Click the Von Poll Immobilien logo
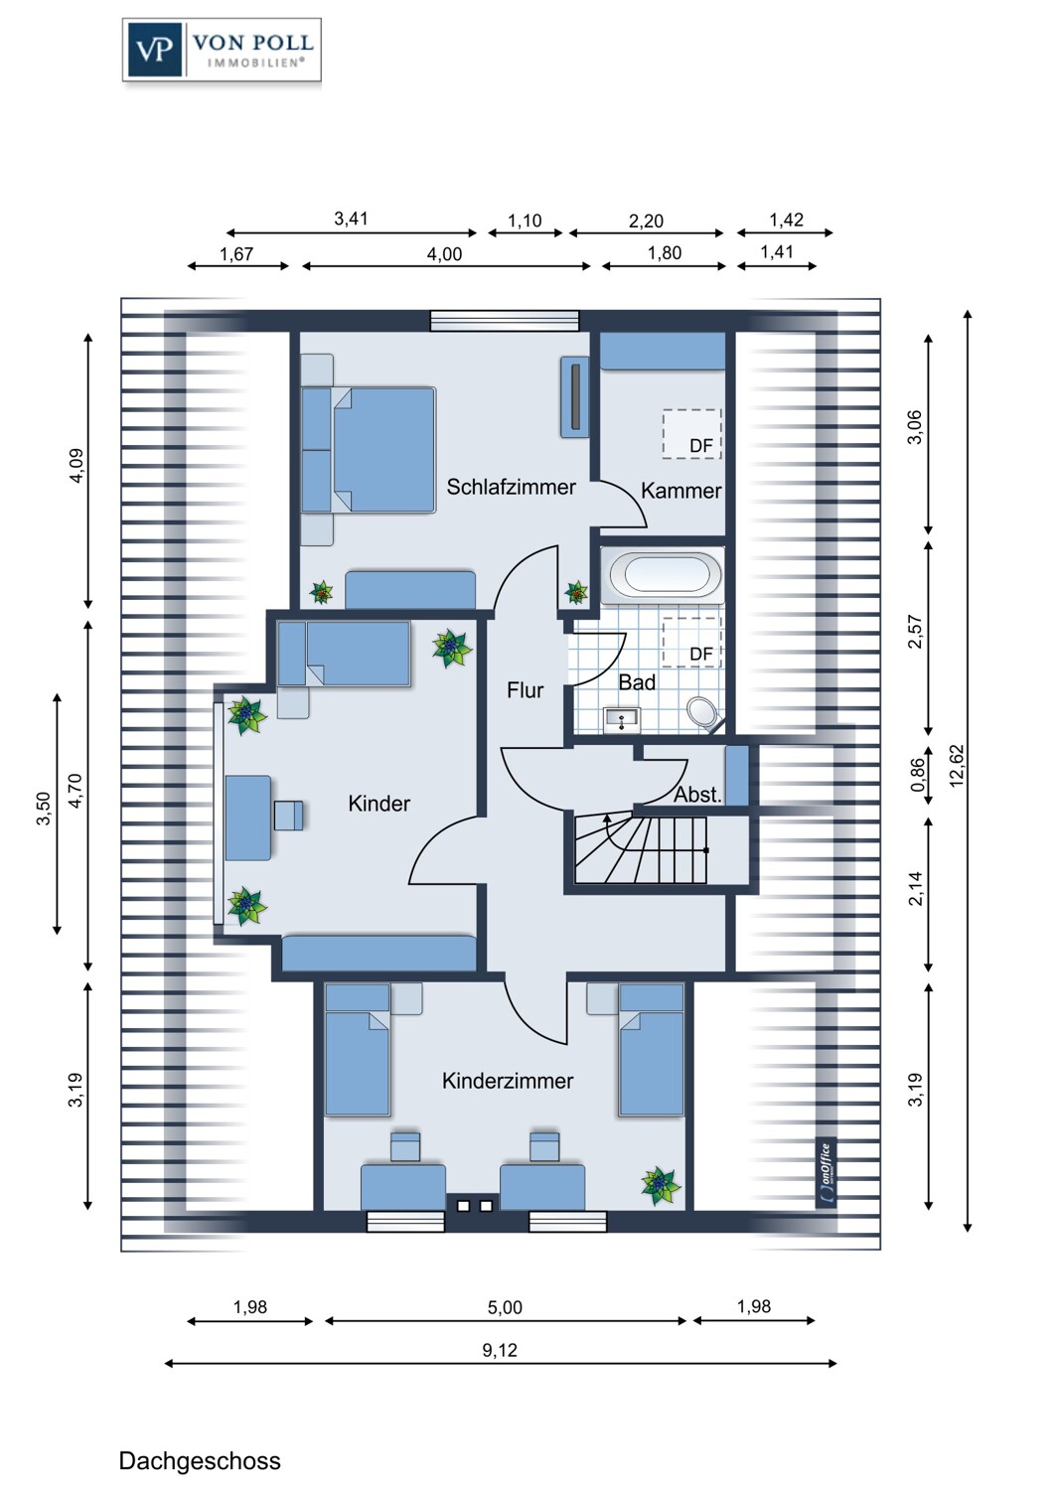(222, 50)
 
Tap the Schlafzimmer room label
(511, 487)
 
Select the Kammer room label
(680, 491)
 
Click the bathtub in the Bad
(663, 575)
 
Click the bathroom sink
(621, 720)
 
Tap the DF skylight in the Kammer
(691, 434)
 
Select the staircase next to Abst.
(641, 850)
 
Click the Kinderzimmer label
(508, 1081)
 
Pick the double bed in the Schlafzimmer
(369, 450)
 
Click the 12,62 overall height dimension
(957, 766)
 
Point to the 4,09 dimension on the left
(76, 466)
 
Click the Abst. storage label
(697, 795)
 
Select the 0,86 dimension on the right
(918, 775)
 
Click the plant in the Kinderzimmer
(661, 1185)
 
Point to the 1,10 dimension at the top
(525, 221)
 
